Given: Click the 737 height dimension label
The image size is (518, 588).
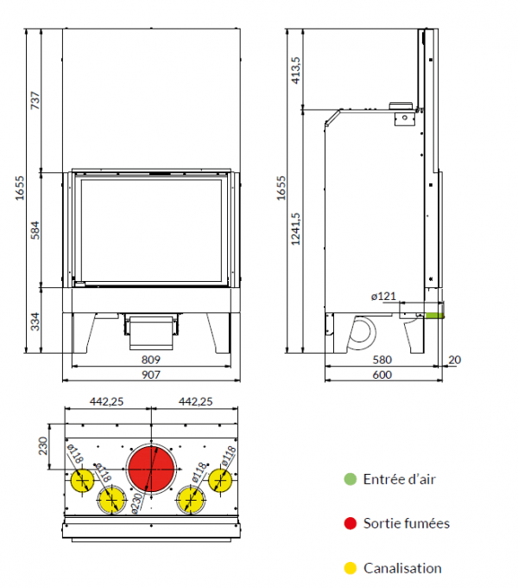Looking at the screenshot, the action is (x=35, y=100).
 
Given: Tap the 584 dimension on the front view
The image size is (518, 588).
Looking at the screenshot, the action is (x=35, y=230).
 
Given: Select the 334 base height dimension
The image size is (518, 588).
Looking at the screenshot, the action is (x=35, y=322).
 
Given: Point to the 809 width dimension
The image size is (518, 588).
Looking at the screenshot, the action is (x=151, y=360).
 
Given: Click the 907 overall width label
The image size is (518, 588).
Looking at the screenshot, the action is (x=151, y=374).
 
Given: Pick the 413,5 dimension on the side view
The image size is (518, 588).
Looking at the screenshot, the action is (x=295, y=70).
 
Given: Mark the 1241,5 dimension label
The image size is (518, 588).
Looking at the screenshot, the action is (x=295, y=229).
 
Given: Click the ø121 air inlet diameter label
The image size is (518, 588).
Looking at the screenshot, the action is (x=383, y=297).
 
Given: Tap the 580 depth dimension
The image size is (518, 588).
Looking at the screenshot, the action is (x=382, y=360).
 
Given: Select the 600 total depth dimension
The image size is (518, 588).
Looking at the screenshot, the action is (x=382, y=374).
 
